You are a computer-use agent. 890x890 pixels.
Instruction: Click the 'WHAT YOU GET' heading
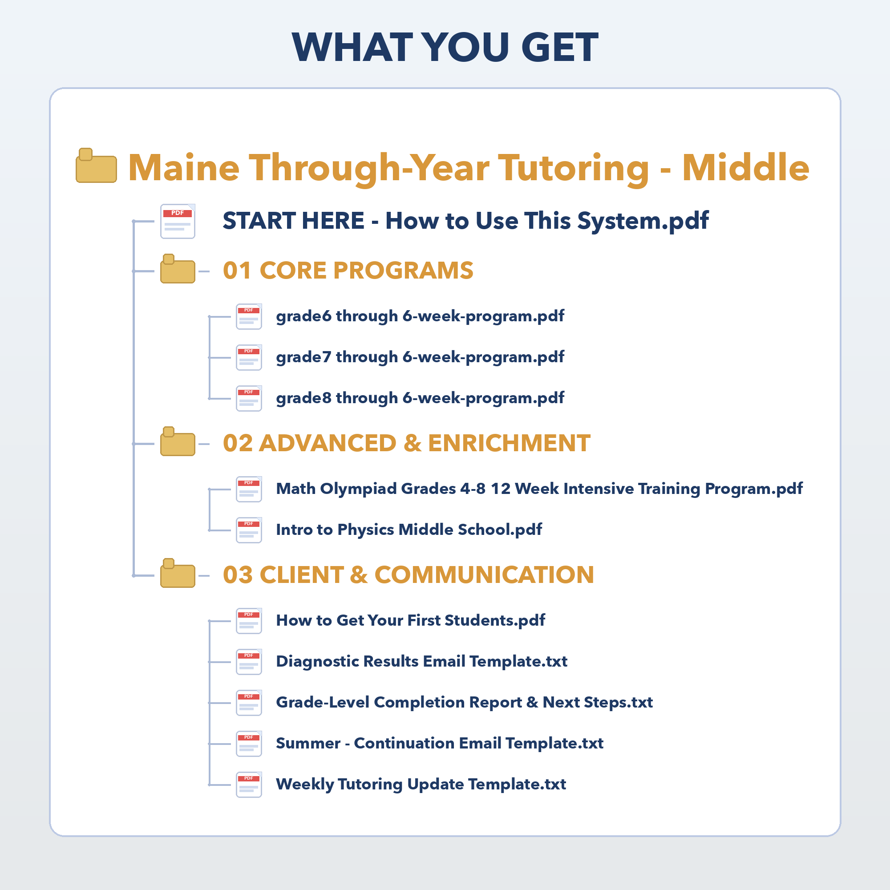[445, 47]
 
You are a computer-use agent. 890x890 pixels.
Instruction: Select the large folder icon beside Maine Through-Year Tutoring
[96, 166]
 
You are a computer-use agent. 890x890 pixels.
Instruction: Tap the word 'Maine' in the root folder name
[184, 167]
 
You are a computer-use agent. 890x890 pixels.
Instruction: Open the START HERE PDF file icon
[178, 221]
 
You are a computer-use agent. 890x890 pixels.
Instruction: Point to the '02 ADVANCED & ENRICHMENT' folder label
[406, 443]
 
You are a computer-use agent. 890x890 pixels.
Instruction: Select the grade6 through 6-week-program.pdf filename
[420, 316]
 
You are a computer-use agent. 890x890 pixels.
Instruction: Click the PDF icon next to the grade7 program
[249, 357]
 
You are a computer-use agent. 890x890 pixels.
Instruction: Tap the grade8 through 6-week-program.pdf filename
[420, 398]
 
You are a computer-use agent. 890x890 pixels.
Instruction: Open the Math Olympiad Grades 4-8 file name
[539, 489]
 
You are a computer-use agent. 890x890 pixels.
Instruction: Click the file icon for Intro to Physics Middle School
[249, 530]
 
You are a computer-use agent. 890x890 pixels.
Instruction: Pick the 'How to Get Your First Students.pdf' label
[410, 620]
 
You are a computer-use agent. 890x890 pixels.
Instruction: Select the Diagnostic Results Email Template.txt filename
[421, 662]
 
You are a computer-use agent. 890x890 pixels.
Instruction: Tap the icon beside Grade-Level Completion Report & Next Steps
[249, 703]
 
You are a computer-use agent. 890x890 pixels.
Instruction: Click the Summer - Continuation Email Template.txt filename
[440, 744]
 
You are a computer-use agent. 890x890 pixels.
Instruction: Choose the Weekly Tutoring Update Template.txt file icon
[249, 785]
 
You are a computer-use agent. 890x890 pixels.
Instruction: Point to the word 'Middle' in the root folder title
[746, 167]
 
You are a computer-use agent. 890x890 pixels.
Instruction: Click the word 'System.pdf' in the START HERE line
[643, 221]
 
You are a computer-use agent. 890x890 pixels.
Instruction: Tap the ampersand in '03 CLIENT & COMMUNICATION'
[359, 575]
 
